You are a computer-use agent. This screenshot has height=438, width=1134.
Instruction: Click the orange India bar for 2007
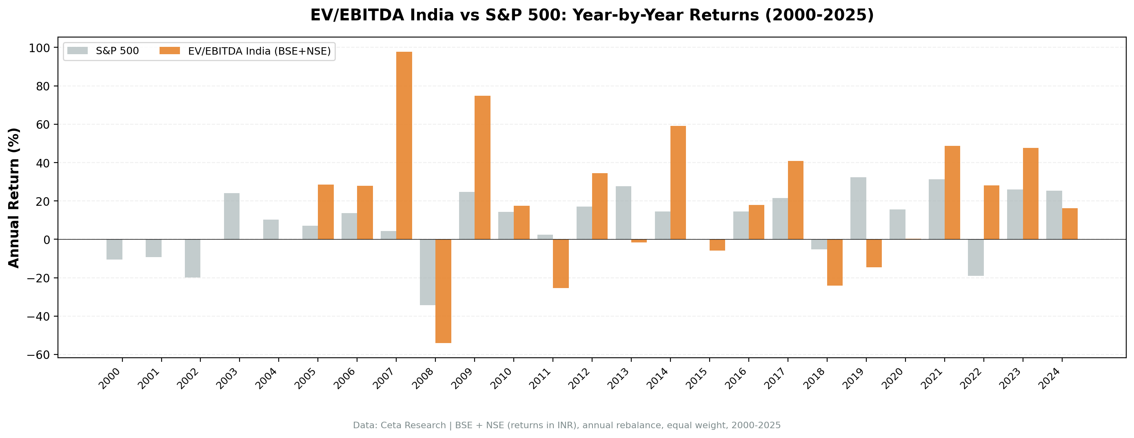coord(404,145)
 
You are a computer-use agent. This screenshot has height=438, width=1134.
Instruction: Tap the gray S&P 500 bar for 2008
coord(428,272)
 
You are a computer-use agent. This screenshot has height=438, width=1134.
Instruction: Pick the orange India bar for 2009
coord(482,167)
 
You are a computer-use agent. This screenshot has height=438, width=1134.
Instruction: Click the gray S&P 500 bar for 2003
coord(231,216)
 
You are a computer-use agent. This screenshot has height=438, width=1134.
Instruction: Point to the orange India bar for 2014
coord(678,183)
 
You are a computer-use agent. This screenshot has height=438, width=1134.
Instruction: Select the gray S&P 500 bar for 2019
coord(858,209)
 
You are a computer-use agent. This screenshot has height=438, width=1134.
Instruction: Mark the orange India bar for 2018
coord(834,262)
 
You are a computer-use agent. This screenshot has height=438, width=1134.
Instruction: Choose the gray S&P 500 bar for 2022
coord(976,258)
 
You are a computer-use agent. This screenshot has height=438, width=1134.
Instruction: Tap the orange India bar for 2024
coord(1070,224)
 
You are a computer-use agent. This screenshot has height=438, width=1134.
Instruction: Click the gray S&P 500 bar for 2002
coord(192,259)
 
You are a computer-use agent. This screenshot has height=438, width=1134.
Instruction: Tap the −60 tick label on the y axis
coord(39,355)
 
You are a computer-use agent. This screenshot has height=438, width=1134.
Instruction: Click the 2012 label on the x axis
coord(579,379)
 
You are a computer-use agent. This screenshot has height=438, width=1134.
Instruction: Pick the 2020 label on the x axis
coord(892,379)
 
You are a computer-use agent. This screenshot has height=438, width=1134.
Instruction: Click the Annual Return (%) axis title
coord(14,198)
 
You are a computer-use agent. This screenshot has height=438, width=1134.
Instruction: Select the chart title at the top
coord(592,15)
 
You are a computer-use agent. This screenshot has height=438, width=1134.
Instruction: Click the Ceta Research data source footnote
coord(566,425)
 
